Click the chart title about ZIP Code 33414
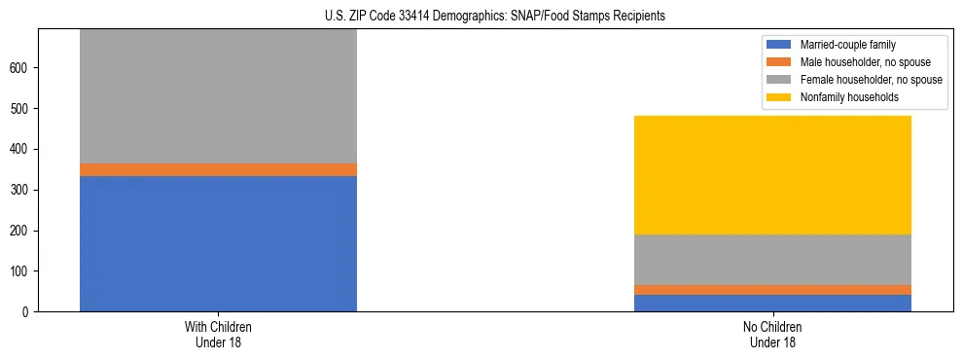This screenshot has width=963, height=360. pyautogui.click(x=495, y=17)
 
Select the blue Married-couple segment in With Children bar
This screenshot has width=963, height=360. pyautogui.click(x=218, y=243)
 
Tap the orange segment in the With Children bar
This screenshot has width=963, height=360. pyautogui.click(x=218, y=169)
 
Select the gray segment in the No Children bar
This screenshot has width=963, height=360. pyautogui.click(x=772, y=260)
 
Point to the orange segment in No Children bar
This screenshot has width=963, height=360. pyautogui.click(x=772, y=290)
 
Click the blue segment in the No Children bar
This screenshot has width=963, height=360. pyautogui.click(x=772, y=303)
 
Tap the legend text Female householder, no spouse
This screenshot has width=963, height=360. pyautogui.click(x=871, y=80)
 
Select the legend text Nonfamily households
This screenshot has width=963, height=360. pyautogui.click(x=841, y=97)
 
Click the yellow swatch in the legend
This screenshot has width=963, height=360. pyautogui.click(x=779, y=97)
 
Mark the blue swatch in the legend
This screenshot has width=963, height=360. pyautogui.click(x=779, y=45)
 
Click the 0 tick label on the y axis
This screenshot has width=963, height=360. pyautogui.click(x=28, y=312)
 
